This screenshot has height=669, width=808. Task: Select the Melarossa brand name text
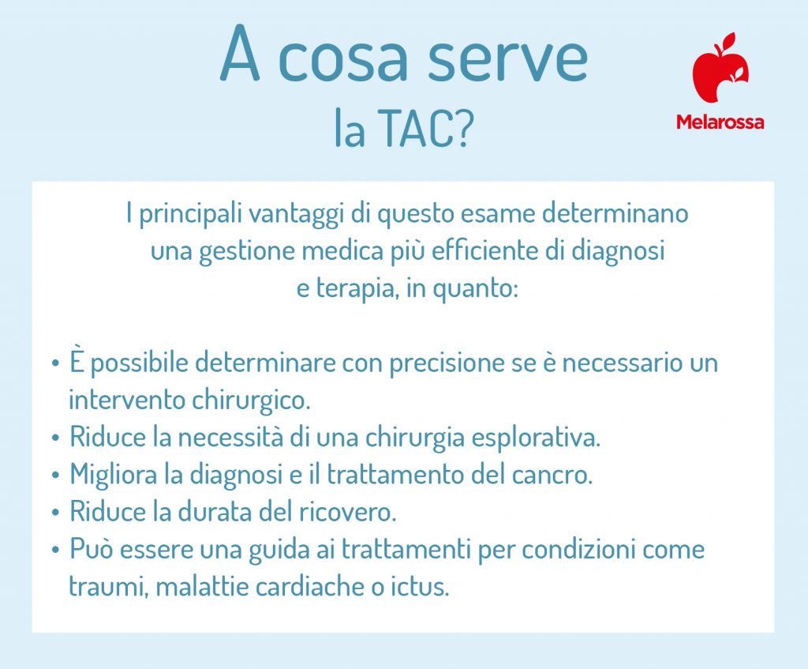coord(720,122)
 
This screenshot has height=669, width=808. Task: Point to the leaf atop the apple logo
coord(728,40)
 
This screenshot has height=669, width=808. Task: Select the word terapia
coord(355,288)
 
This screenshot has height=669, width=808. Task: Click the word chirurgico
coord(249,400)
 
